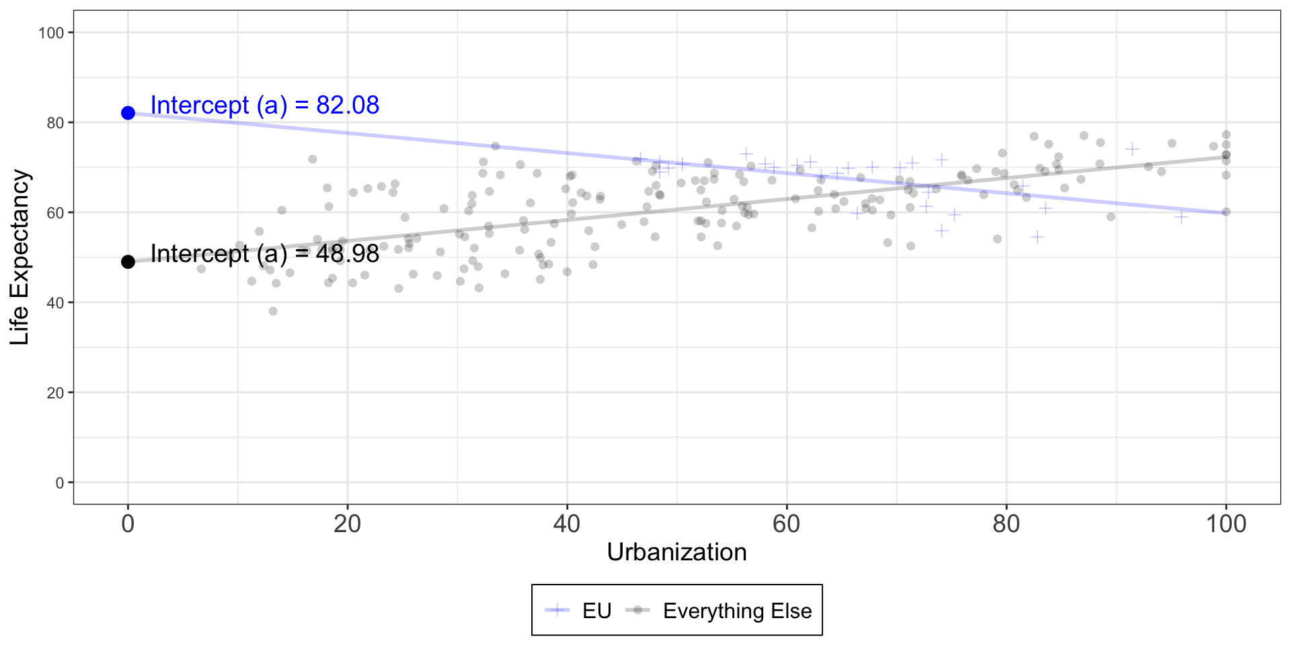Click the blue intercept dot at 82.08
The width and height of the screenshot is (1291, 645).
point(128,113)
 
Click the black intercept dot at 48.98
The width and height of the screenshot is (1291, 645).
point(128,261)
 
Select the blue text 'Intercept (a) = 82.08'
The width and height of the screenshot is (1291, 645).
point(264,105)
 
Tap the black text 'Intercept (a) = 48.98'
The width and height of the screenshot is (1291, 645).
point(264,253)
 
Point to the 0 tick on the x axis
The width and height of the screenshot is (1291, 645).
point(128,524)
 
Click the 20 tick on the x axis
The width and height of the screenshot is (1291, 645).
point(348,524)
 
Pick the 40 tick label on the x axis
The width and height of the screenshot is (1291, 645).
point(567,524)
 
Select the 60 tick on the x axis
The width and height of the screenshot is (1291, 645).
point(787,524)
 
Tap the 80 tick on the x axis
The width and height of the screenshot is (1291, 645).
point(1007,524)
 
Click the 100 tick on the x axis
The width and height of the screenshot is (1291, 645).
point(1226,524)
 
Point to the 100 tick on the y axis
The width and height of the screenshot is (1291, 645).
point(51,33)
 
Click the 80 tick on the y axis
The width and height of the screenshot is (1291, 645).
point(55,123)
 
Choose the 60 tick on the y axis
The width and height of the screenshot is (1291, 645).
point(55,213)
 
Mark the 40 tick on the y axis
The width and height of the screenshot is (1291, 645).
point(55,303)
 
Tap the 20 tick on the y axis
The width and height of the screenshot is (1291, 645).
point(55,393)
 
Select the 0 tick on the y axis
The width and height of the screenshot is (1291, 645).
point(59,483)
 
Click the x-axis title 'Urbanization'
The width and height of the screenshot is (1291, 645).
point(676,552)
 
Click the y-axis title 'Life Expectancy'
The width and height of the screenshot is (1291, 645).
point(20,257)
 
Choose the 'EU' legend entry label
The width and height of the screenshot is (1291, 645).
point(596,611)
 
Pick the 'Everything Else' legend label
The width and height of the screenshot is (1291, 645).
point(737,611)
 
